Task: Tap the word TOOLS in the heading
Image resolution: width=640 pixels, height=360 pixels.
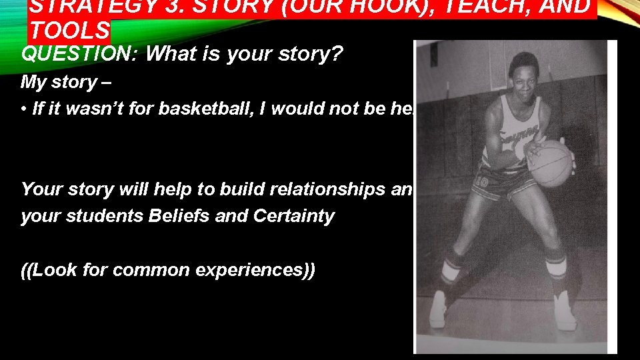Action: coord(70,31)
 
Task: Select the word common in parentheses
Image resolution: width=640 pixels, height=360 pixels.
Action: coord(152,270)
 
